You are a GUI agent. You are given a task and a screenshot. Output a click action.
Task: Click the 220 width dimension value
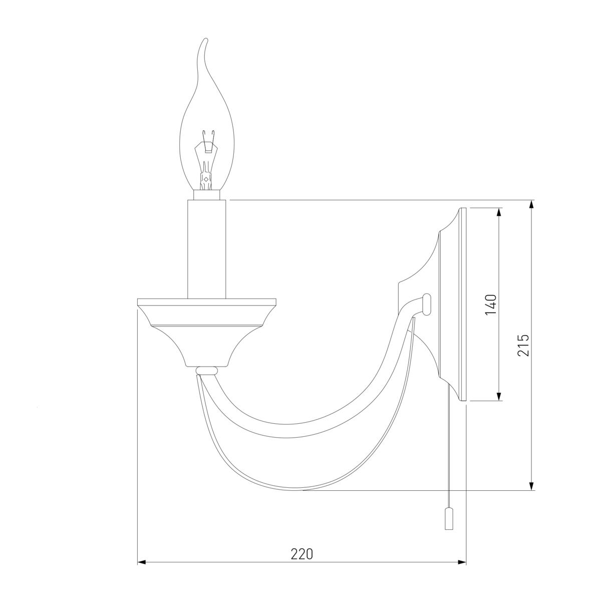302,554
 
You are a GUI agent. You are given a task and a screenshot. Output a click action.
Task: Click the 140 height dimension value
491,304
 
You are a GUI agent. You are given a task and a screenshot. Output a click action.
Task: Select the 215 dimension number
523,345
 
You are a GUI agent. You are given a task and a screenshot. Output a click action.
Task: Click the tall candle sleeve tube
206,249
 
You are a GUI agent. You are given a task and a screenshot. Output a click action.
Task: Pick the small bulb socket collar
206,195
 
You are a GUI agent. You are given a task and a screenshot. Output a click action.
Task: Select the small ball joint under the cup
206,371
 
